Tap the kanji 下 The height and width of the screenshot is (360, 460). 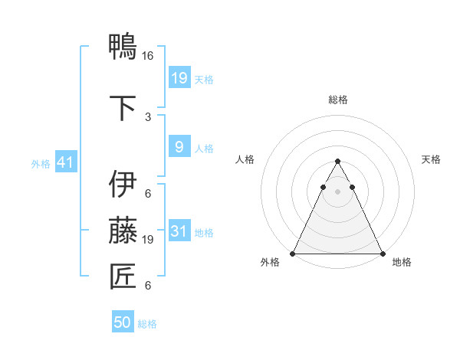click(123, 106)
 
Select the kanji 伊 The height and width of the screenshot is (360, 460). click(123, 185)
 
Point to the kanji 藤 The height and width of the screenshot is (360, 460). click(123, 230)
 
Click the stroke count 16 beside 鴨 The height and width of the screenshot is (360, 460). click(148, 56)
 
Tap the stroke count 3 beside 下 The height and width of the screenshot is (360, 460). click(148, 116)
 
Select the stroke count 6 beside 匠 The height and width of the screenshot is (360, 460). click(148, 286)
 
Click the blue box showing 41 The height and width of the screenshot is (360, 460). click(64, 163)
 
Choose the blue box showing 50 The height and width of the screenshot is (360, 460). click(123, 322)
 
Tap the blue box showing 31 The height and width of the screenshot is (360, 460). click(179, 231)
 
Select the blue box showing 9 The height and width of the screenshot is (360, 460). click(179, 147)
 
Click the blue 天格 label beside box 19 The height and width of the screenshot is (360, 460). click(204, 80)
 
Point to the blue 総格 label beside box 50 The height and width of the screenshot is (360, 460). click(147, 324)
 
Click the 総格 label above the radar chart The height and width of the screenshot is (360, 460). click(337, 100)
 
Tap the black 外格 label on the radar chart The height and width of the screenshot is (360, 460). click(270, 263)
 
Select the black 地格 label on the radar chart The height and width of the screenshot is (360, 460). click(402, 263)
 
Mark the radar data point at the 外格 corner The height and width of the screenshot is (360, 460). click(292, 254)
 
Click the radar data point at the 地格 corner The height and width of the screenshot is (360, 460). click(383, 254)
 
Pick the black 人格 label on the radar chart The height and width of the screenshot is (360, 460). click(245, 159)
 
